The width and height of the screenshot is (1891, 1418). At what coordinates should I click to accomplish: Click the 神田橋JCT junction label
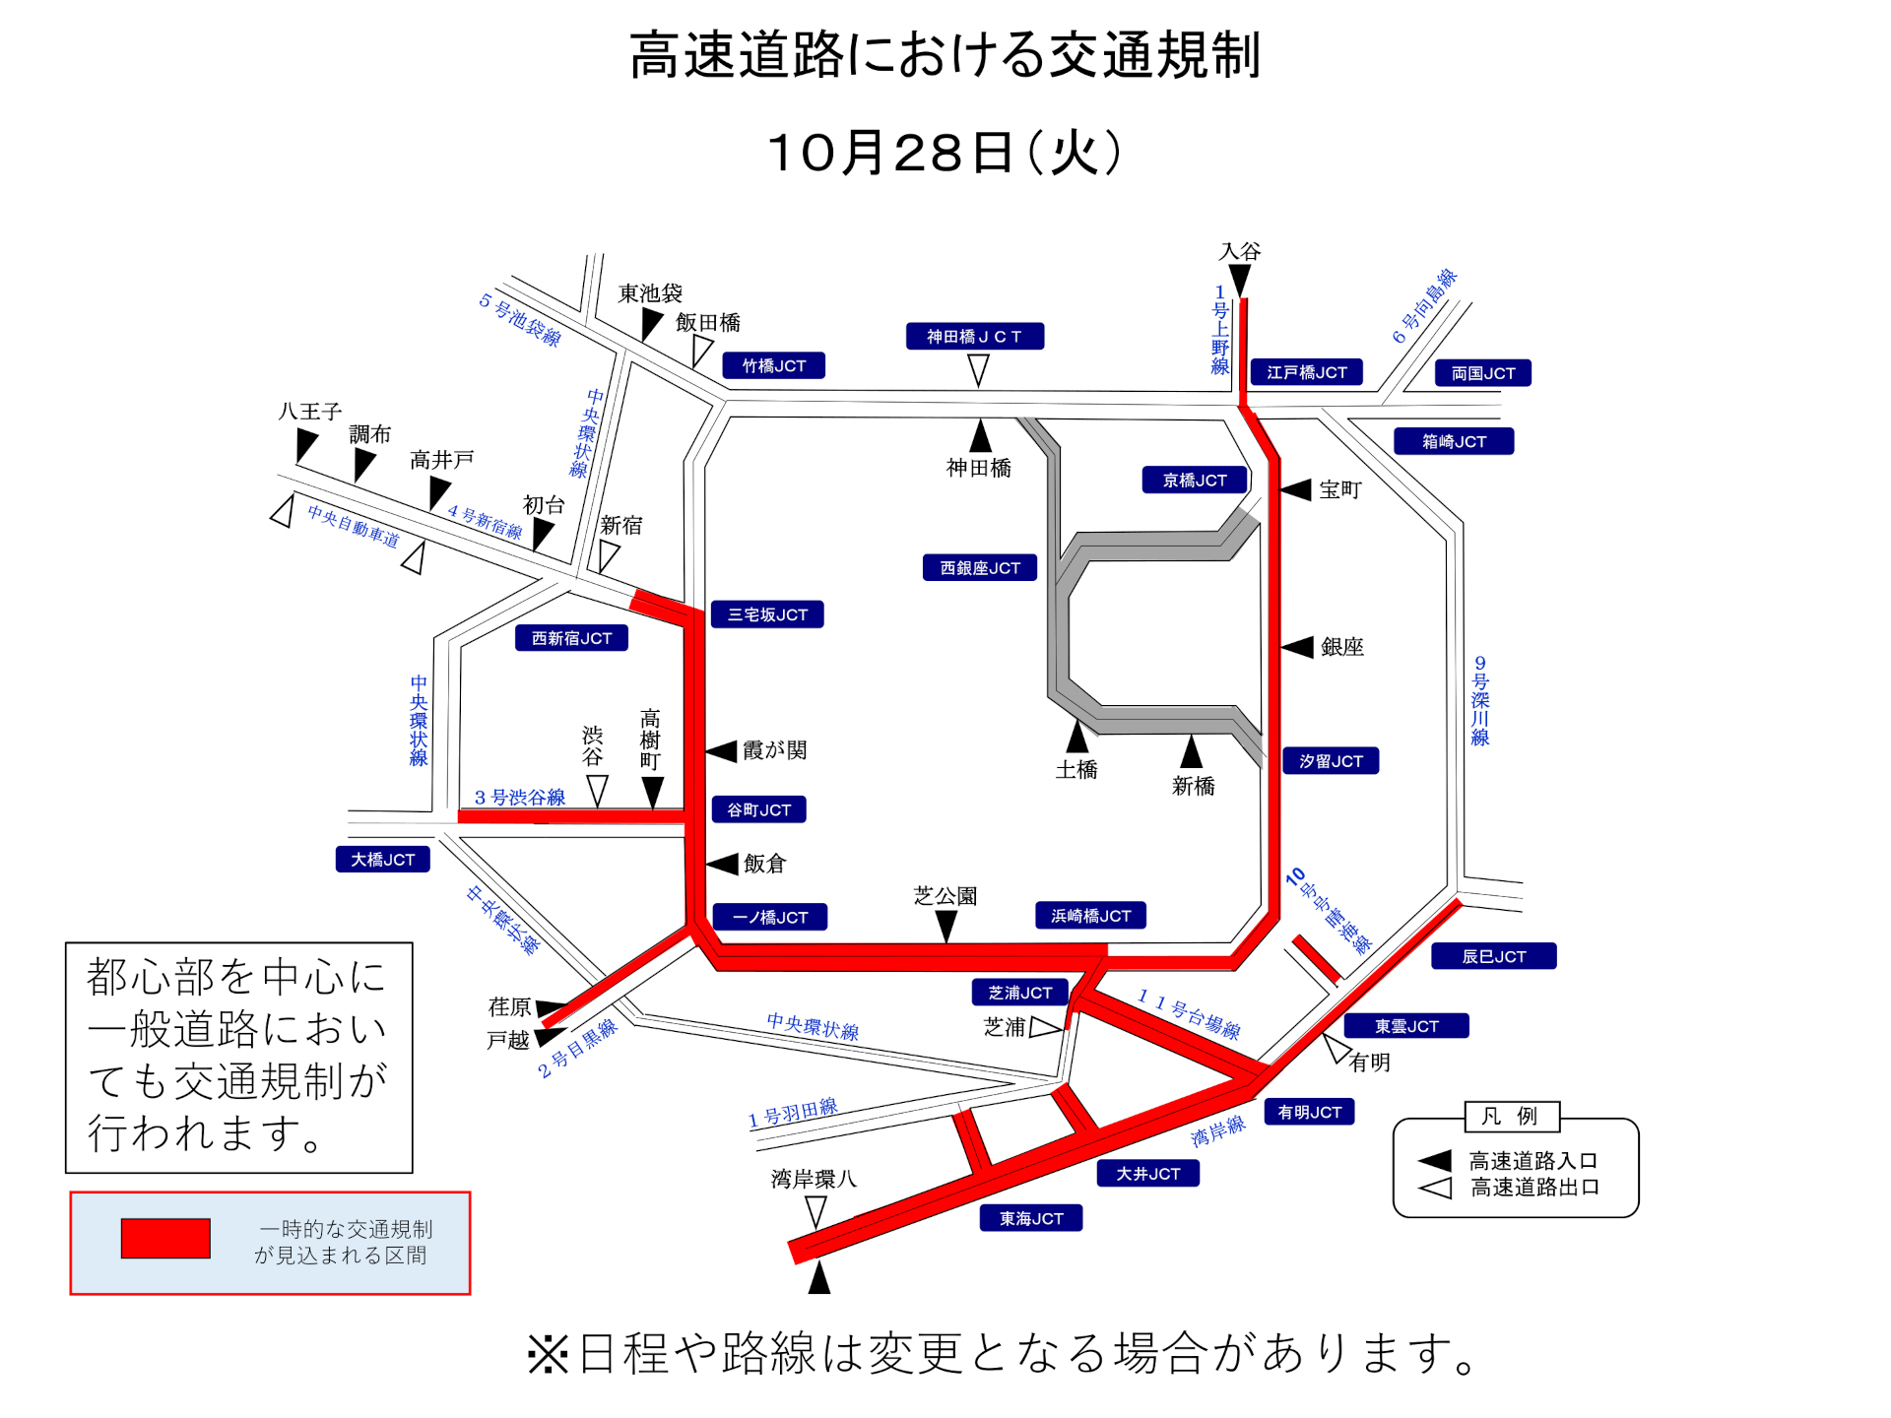[974, 337]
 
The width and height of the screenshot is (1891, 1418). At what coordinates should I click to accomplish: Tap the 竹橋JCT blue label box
[773, 366]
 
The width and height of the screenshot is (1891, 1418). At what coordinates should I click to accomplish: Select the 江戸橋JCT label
[1306, 372]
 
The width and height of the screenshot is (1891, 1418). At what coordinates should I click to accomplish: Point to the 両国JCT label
[1482, 373]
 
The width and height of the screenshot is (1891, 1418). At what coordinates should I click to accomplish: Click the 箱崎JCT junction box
[1454, 441]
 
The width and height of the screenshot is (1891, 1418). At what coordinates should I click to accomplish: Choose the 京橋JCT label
[1195, 481]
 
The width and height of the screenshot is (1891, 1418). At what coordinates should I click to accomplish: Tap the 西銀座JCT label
[980, 568]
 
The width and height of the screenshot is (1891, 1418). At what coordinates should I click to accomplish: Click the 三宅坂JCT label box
[767, 614]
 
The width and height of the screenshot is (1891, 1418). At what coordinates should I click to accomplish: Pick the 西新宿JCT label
[571, 638]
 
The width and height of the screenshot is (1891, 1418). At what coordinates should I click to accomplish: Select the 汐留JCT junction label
[1331, 761]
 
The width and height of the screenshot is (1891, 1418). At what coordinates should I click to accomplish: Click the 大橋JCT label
[382, 860]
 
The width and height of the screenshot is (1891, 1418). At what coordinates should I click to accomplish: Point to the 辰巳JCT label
[1493, 956]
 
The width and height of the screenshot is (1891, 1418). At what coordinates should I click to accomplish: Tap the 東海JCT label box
[1031, 1218]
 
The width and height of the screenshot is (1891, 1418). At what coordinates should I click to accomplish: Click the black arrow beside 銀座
[1298, 647]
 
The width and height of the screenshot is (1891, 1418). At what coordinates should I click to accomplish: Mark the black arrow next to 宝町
[1296, 489]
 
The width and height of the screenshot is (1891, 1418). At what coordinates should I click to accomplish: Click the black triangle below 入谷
[1240, 280]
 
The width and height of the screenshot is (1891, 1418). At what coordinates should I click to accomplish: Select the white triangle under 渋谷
[597, 790]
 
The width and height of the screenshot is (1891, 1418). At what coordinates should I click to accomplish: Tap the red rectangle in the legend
[165, 1238]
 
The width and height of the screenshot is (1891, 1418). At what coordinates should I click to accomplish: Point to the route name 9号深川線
[1479, 700]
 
